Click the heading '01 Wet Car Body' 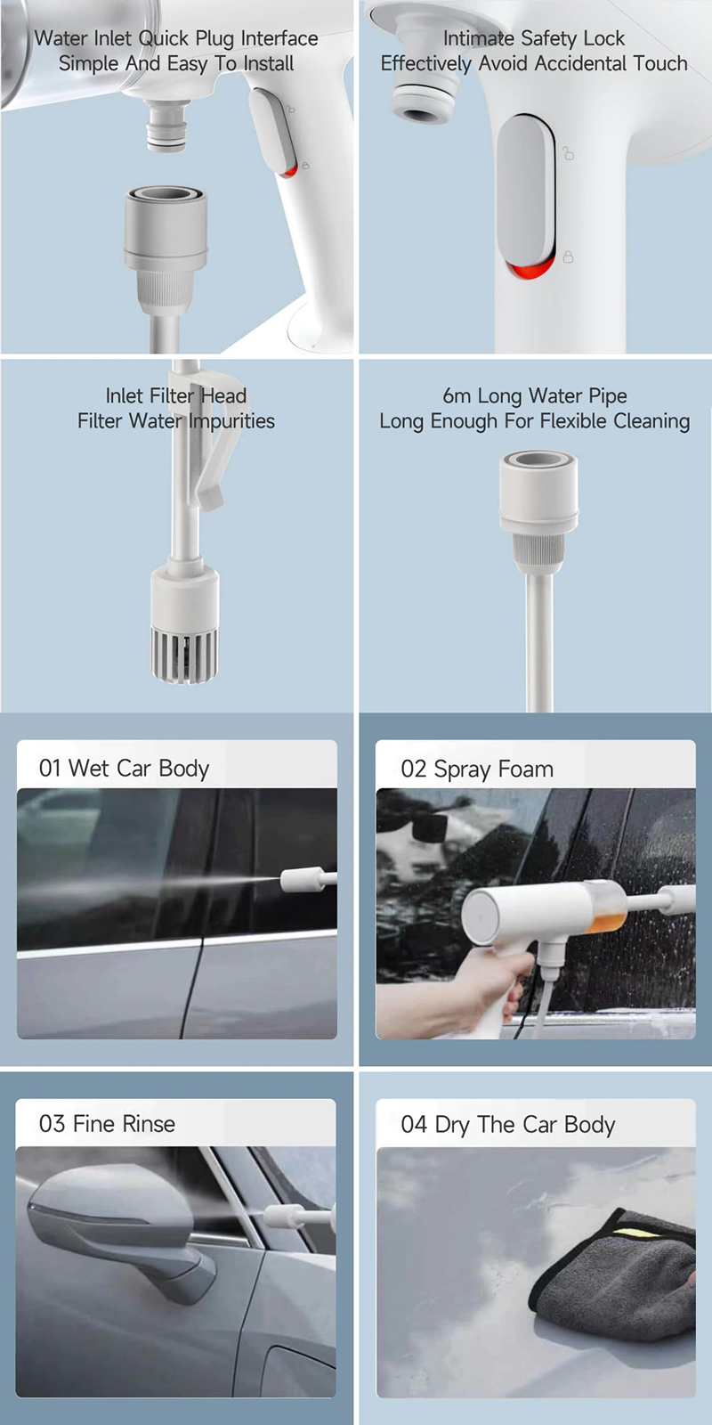(x=124, y=769)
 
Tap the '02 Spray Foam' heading (x=477, y=769)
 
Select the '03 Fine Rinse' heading (x=107, y=1123)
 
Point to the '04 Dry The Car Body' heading (x=508, y=1125)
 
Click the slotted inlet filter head (x=184, y=655)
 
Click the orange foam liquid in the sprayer (x=606, y=922)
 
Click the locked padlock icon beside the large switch (x=568, y=256)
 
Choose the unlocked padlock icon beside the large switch (x=568, y=153)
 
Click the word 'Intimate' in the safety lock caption (x=479, y=38)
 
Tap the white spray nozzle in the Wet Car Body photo (x=308, y=880)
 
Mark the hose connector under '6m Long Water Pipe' (x=538, y=509)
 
